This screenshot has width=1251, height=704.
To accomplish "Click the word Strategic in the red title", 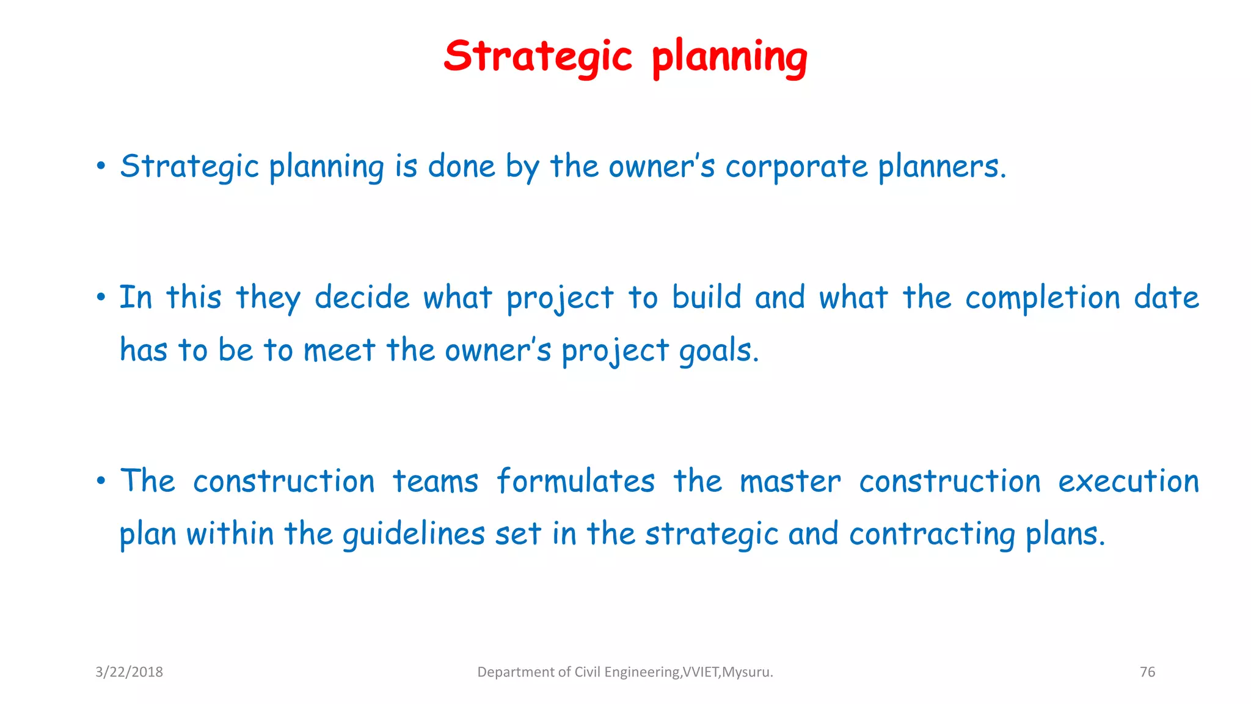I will point(538,56).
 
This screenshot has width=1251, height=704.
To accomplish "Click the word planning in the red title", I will point(729,57).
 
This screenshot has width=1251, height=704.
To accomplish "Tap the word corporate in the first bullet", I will point(796,166).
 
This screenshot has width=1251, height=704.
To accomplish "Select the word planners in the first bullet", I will point(941,166).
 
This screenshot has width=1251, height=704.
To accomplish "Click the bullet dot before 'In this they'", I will point(101,298).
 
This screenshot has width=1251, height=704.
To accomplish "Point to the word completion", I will point(1043,298).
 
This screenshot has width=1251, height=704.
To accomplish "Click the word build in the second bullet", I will point(707,297).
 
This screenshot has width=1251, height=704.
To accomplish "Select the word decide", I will point(362,298).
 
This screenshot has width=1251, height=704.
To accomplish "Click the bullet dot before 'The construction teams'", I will point(101,482).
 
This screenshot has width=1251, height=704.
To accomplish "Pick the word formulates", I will point(575,481).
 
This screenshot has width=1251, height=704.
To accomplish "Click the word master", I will point(790,482).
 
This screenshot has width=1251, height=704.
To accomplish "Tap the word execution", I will point(1128,482).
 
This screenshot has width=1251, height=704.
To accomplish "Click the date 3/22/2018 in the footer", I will point(129,672).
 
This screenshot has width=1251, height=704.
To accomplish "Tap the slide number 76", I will point(1147,672).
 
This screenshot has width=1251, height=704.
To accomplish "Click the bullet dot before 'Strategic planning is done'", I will point(101,166).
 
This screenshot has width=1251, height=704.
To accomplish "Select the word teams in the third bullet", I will point(435,482).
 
